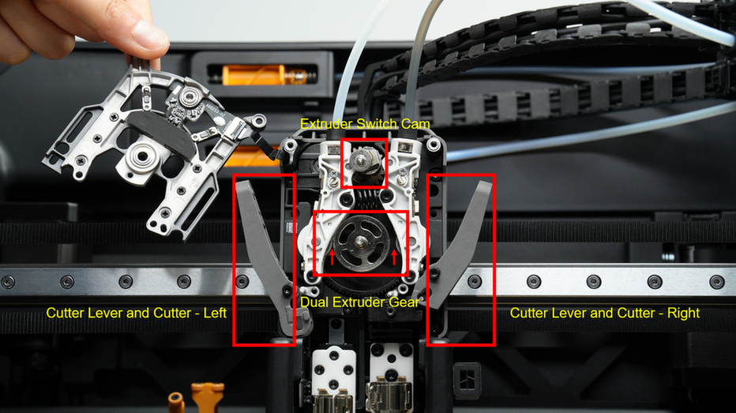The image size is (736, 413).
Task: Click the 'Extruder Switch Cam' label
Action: [365, 124]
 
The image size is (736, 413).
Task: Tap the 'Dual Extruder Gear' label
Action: [359, 302]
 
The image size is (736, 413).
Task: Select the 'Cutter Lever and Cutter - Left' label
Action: [136, 313]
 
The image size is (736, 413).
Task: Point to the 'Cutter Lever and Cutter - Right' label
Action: [605, 313]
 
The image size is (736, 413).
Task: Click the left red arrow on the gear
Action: [332, 257]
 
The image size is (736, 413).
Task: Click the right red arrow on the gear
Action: [394, 257]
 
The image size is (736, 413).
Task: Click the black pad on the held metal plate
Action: [160, 133]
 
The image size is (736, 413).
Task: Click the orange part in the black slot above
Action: [262, 75]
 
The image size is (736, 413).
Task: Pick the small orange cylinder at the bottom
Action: [176, 403]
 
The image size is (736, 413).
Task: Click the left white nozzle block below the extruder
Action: [334, 370]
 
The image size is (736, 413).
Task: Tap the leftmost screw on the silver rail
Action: [8, 282]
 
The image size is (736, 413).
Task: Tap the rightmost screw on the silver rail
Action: [716, 282]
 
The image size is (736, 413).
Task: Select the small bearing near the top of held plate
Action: [190, 98]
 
